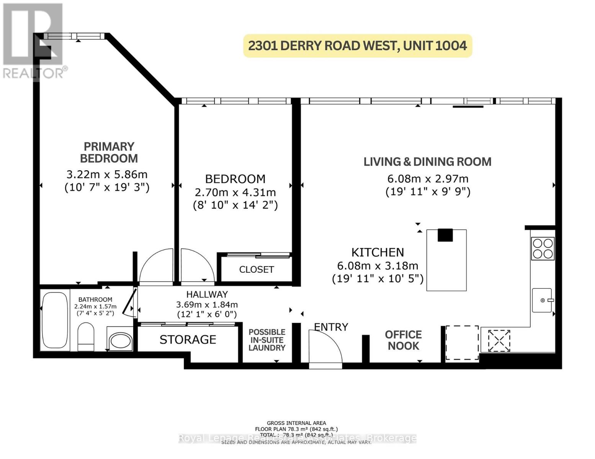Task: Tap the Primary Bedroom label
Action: pos(109,152)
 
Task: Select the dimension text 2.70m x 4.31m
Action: pos(235,192)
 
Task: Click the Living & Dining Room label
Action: pos(427,162)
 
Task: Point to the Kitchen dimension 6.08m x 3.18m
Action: pos(378,266)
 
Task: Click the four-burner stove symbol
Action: pos(543,249)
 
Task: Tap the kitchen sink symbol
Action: pos(542,300)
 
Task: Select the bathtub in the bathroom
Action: pos(55,320)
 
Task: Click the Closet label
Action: pos(256,270)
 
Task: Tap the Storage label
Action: pos(188,340)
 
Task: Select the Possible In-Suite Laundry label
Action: pos(267,340)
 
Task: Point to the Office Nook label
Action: pos(403,340)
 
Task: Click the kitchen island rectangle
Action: pos(446,260)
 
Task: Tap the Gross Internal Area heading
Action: pos(296,423)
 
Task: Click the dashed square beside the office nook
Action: pos(462,343)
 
